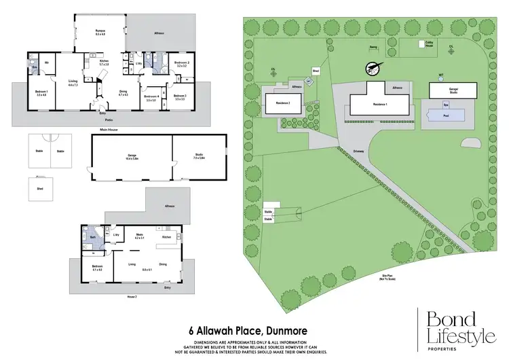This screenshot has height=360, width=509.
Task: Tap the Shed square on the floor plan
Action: (x=38, y=188)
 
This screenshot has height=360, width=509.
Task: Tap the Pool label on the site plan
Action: (x=446, y=116)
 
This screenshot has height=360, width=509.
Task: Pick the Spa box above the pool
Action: (x=446, y=105)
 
